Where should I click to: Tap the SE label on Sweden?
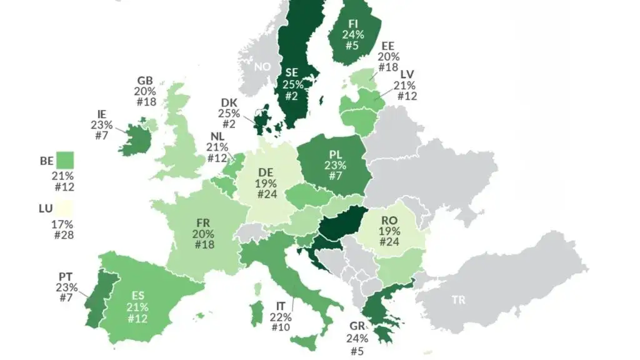(x=292, y=72)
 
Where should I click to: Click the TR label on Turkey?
(x=459, y=300)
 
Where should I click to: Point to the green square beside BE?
(x=64, y=161)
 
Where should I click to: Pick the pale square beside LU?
(x=64, y=207)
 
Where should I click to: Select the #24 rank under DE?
(x=266, y=195)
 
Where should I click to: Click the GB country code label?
(x=145, y=81)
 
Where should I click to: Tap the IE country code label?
(x=101, y=114)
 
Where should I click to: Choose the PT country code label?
(x=66, y=277)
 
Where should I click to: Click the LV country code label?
(x=407, y=74)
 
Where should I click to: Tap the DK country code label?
(x=229, y=102)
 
